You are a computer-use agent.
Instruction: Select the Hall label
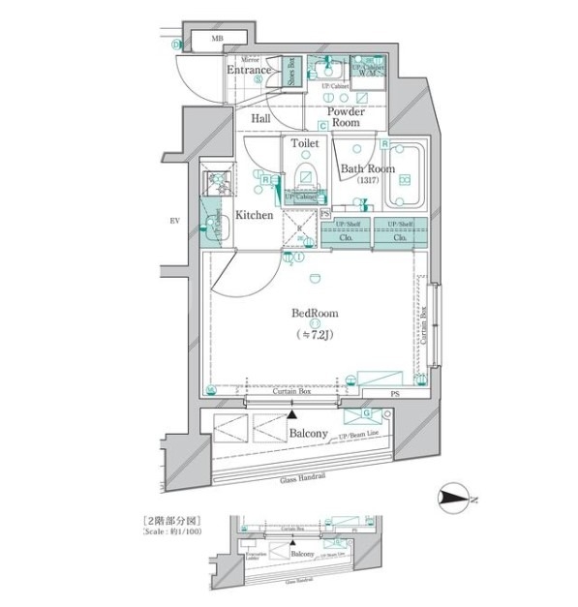click(261, 118)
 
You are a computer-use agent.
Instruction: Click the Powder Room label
click(345, 116)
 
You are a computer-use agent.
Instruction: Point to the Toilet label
click(306, 142)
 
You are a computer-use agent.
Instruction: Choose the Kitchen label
click(254, 215)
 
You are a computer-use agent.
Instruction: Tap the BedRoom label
click(316, 314)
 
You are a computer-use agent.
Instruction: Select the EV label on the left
click(176, 222)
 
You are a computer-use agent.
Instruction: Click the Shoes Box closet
click(292, 75)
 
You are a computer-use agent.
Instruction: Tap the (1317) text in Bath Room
click(364, 183)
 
